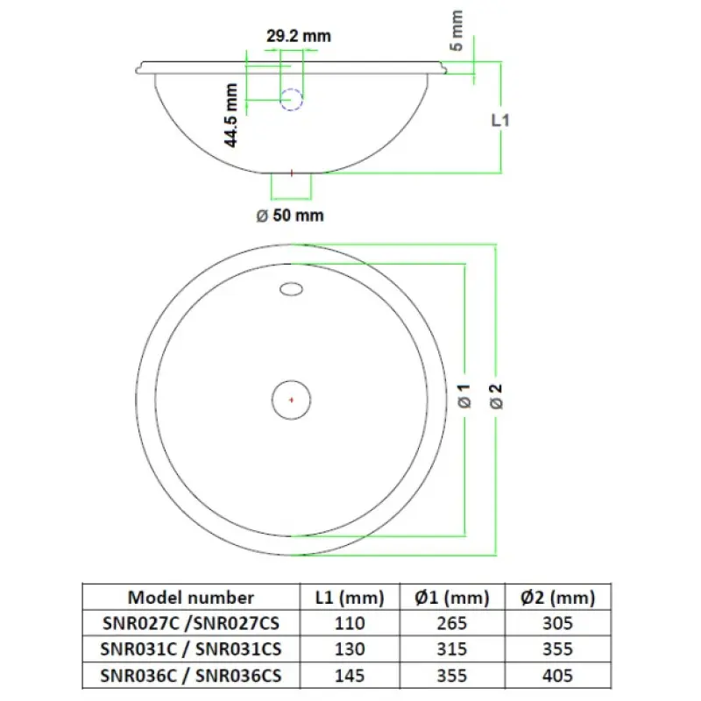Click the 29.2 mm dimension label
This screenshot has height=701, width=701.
299,36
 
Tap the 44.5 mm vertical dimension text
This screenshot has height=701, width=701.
231,116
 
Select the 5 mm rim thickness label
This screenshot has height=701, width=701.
456,31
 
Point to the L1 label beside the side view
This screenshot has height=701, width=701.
500,120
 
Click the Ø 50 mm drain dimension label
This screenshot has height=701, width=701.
290,216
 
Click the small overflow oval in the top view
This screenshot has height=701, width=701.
291,289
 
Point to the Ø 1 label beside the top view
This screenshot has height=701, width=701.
464,396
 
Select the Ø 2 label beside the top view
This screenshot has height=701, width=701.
496,397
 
